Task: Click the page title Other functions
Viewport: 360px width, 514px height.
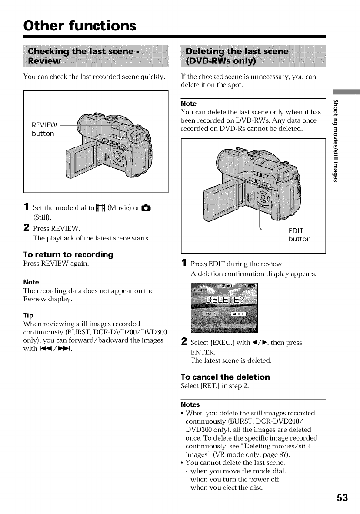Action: (x=80, y=26)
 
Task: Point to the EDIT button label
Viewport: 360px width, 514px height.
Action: (x=300, y=234)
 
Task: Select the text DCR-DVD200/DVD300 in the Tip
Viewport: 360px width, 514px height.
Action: (x=130, y=332)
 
